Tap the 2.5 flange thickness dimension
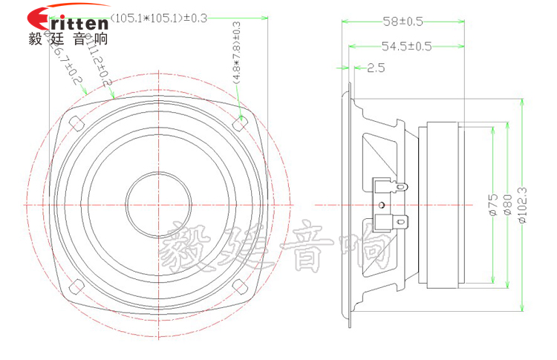point(376,68)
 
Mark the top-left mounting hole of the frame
point(75,122)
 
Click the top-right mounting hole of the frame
point(239,122)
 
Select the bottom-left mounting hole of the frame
point(75,285)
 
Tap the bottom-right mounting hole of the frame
point(239,285)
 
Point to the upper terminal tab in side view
point(391,187)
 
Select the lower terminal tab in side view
point(391,221)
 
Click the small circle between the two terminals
point(381,204)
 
